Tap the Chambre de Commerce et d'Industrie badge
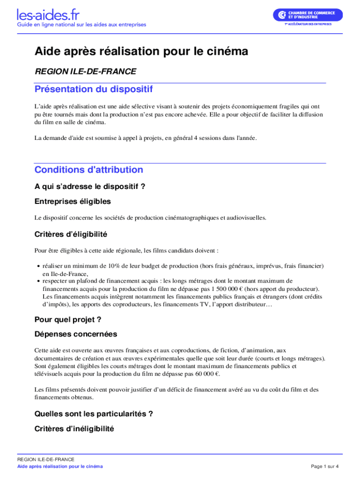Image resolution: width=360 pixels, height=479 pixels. (308, 15)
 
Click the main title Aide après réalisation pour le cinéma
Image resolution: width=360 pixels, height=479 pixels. (141, 51)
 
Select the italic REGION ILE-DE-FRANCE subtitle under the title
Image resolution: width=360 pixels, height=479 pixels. (86, 72)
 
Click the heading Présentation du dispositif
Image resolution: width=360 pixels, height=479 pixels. (94, 89)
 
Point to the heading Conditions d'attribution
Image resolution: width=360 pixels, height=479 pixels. (89, 169)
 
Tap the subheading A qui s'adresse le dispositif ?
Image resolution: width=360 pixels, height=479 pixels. (90, 187)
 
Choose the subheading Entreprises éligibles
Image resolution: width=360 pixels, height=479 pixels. (72, 201)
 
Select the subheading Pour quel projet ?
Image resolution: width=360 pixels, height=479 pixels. (68, 319)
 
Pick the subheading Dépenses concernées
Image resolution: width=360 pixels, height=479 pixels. (76, 334)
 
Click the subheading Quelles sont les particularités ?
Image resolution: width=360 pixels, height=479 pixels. (94, 414)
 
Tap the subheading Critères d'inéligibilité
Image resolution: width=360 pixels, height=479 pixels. (74, 428)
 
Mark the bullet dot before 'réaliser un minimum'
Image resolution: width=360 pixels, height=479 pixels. (37, 266)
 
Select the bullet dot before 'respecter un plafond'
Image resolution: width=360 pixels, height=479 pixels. (37, 281)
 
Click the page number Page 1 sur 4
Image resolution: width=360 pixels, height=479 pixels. (324, 466)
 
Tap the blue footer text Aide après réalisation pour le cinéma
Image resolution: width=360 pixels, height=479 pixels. (60, 466)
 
